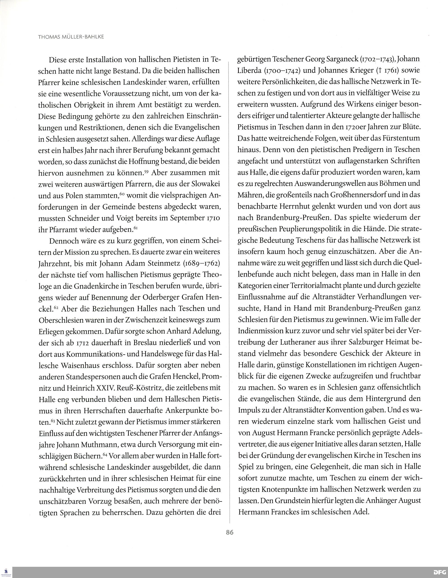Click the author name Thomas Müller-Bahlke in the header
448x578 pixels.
pyautogui.click(x=71, y=37)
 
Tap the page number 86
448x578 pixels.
pyautogui.click(x=230, y=532)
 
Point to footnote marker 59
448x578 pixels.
pyautogui.click(x=146, y=171)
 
